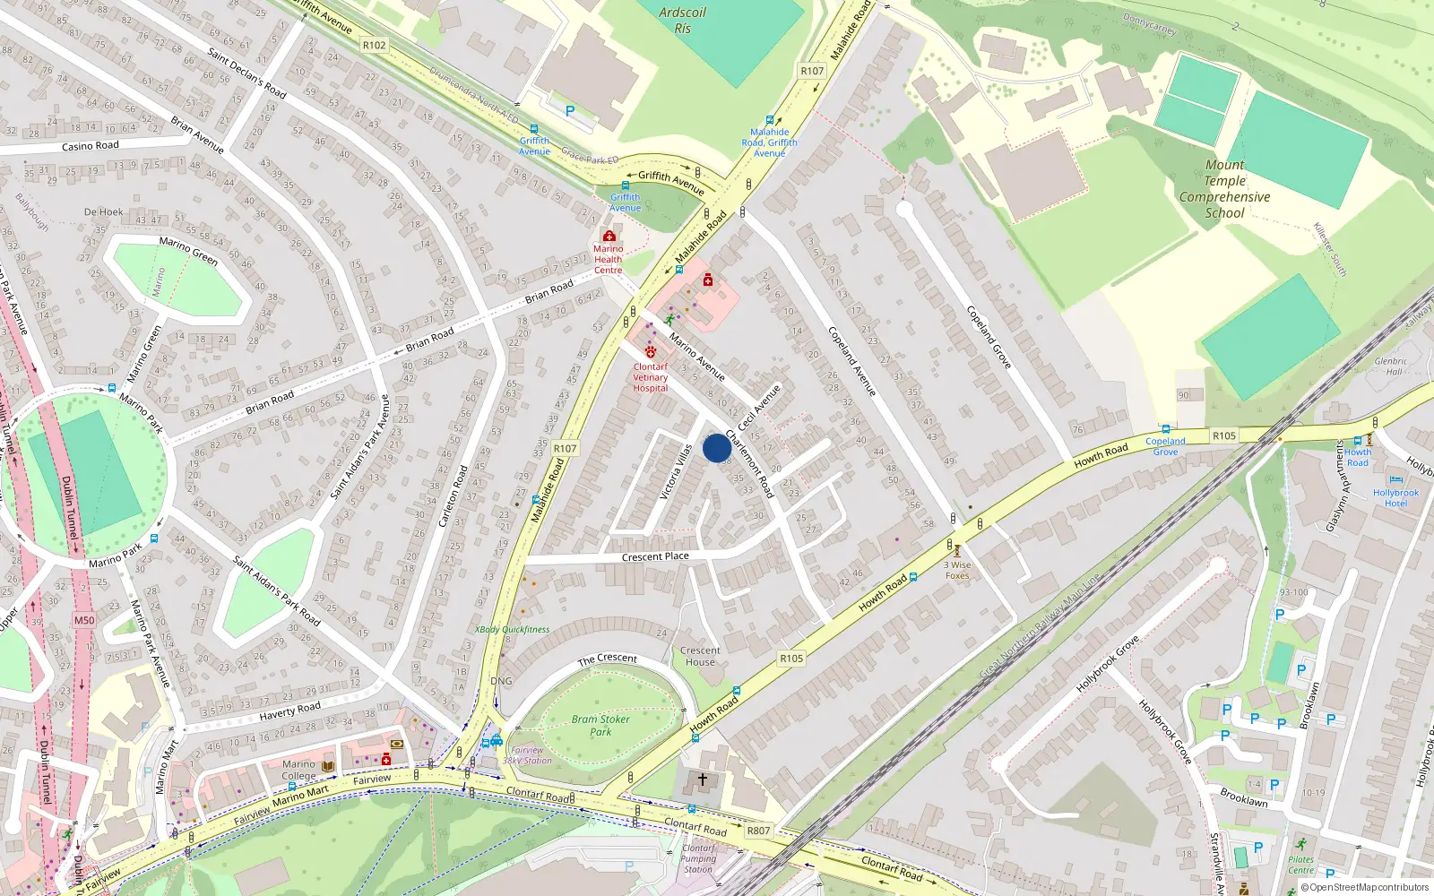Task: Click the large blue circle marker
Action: coord(717,448)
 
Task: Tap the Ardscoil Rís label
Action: coord(683,20)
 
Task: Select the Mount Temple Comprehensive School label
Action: coord(1224,189)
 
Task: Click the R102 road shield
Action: coord(375,45)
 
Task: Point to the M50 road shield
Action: coord(84,620)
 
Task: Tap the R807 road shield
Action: coord(758,831)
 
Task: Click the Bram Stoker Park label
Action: coord(600,725)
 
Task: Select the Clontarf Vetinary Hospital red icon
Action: coord(651,352)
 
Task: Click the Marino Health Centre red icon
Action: coord(609,236)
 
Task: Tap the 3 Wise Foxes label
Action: coord(957,570)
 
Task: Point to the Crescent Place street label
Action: coord(655,556)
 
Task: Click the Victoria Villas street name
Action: coord(677,472)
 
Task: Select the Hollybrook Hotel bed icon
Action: coord(1395,480)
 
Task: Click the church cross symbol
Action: coord(703,780)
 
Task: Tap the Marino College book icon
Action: coord(328,766)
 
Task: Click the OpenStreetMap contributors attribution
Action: coord(1365,887)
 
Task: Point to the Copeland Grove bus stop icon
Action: coord(1165,429)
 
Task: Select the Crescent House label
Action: coord(700,656)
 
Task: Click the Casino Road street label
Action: coord(91,145)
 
